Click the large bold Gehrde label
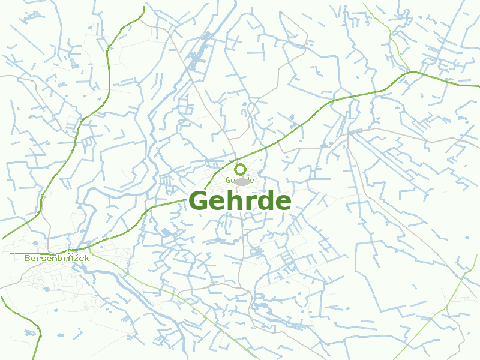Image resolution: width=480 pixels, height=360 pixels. (x=240, y=202)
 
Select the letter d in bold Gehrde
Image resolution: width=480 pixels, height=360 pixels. (x=264, y=201)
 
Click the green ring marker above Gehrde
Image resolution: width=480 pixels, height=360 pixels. (x=241, y=169)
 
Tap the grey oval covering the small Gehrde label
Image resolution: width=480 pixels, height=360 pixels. (x=242, y=181)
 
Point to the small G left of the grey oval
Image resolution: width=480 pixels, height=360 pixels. (x=229, y=180)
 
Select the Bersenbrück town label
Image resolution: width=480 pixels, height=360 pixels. (x=57, y=257)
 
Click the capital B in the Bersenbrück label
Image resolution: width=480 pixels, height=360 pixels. (x=28, y=257)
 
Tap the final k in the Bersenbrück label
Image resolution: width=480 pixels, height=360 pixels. (x=87, y=257)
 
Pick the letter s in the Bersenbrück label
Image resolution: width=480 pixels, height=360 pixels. (x=46, y=258)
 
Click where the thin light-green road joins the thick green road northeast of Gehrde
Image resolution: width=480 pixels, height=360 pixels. (x=410, y=72)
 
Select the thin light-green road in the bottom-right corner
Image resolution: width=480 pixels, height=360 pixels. (x=456, y=294)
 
